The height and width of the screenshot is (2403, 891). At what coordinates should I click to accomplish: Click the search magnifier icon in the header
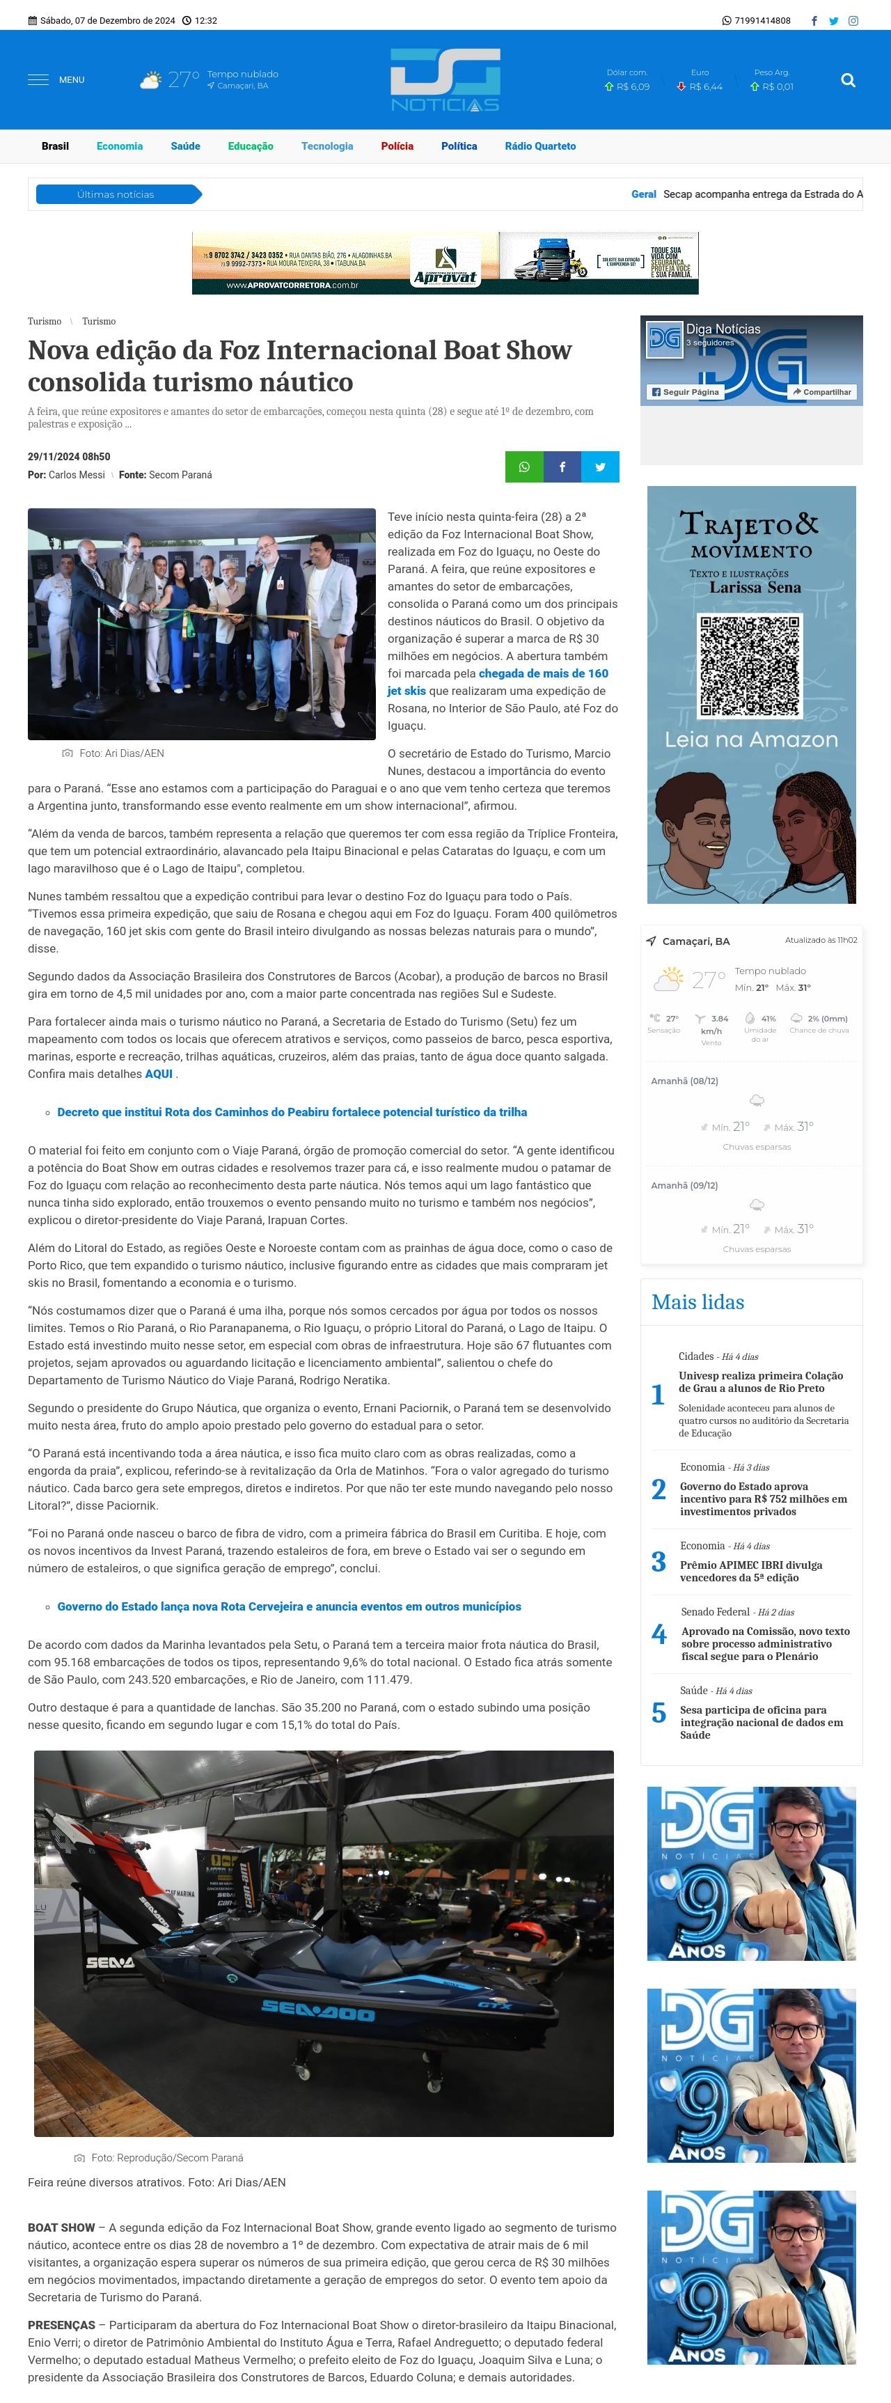click(x=847, y=80)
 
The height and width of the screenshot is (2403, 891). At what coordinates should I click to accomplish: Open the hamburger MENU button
click(x=56, y=80)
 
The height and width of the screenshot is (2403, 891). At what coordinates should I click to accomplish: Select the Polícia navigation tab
click(x=397, y=146)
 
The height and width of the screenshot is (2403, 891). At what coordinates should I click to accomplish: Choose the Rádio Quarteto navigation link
click(x=540, y=146)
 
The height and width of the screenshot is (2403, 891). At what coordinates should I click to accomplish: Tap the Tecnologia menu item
click(x=326, y=146)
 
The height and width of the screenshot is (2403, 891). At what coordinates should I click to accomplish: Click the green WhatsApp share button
click(x=524, y=467)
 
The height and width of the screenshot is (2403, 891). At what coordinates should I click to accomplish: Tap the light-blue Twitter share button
click(x=600, y=467)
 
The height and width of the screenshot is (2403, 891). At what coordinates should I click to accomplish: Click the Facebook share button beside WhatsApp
click(x=562, y=467)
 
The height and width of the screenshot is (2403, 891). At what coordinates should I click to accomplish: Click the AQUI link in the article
click(x=159, y=1074)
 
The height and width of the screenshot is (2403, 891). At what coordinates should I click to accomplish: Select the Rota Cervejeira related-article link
click(x=289, y=1606)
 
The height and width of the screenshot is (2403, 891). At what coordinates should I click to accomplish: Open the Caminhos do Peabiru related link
click(x=292, y=1112)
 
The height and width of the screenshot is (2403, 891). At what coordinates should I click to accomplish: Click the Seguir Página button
click(x=686, y=392)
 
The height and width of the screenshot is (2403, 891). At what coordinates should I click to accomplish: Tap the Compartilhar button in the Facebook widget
click(x=821, y=392)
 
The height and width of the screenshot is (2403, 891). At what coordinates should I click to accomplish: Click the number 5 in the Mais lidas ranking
click(x=659, y=1714)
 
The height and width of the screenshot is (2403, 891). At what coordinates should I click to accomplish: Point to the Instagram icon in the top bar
click(x=853, y=20)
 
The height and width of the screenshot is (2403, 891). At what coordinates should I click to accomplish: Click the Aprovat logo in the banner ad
click(x=445, y=264)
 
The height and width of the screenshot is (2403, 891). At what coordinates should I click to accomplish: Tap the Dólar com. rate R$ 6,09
click(x=627, y=87)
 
